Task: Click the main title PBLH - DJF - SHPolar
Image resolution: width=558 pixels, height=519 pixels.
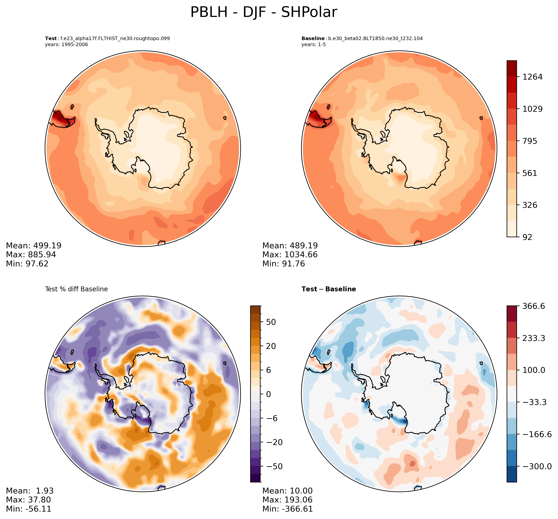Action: (x=263, y=13)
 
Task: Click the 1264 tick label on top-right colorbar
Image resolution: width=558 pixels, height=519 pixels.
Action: (x=532, y=77)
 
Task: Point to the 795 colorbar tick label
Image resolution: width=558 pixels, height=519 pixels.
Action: (x=530, y=141)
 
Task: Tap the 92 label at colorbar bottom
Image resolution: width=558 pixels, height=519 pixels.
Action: (x=527, y=237)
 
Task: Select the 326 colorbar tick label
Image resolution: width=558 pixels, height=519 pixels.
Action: (x=530, y=205)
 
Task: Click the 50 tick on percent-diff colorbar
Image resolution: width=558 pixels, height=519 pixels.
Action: (x=271, y=322)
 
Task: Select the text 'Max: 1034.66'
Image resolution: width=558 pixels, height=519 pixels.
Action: (x=290, y=255)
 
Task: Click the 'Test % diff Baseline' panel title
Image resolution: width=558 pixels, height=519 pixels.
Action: (x=76, y=289)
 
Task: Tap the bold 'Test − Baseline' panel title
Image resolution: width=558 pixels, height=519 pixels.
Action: (x=329, y=289)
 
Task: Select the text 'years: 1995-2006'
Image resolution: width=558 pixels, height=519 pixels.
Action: (x=66, y=45)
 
